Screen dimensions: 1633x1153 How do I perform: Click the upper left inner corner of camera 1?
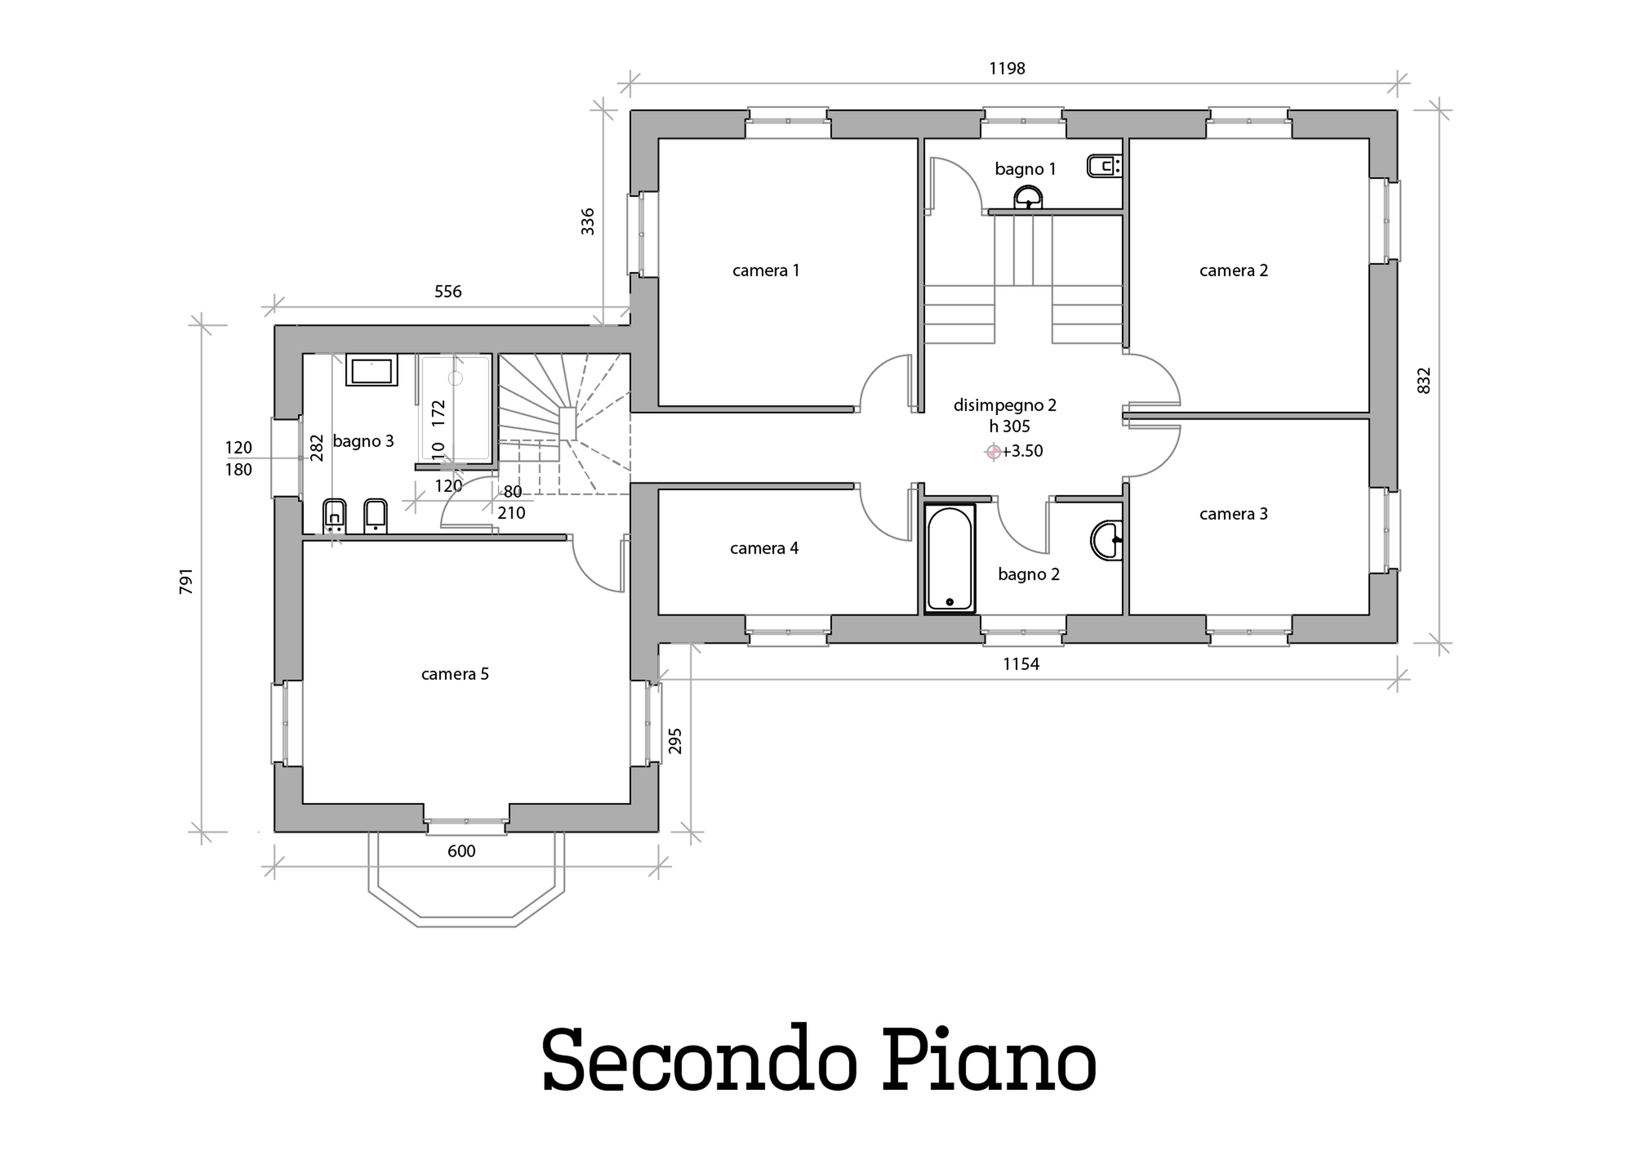(659, 139)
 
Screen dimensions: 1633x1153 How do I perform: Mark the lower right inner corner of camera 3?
(1369, 615)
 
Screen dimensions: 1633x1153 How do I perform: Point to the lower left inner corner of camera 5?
(304, 803)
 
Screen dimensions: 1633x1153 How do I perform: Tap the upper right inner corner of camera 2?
(1369, 139)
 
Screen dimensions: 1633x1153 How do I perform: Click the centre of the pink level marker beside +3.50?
(993, 451)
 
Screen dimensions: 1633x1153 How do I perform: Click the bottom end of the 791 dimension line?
(202, 831)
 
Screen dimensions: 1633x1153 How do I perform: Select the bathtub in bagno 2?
(950, 558)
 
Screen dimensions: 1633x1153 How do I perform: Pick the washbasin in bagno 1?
(1028, 198)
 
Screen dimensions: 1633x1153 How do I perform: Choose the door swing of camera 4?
(885, 513)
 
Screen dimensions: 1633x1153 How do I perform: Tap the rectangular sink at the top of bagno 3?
(371, 370)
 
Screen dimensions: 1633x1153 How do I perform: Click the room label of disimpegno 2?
(1005, 406)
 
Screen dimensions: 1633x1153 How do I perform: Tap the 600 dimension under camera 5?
(462, 851)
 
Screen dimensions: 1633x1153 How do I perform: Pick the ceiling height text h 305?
(1009, 426)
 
